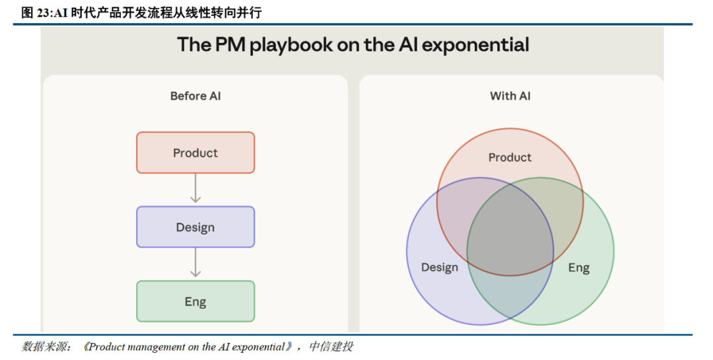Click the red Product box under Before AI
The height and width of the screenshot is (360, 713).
point(195,153)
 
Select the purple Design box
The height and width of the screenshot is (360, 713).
point(195,227)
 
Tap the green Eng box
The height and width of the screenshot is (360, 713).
point(195,302)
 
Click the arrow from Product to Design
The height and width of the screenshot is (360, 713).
point(195,190)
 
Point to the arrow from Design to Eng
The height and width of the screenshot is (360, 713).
point(195,264)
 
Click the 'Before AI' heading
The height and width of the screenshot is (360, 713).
point(195,96)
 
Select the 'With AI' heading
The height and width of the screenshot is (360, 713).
point(510,96)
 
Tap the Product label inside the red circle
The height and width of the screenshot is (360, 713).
point(510,157)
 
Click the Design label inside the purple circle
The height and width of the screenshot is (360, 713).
point(440,268)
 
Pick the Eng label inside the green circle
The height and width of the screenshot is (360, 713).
point(579,268)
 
